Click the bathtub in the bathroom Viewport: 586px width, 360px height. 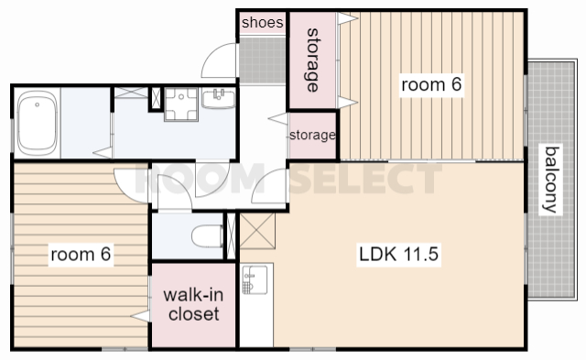tap(37, 123)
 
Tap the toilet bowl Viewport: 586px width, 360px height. tap(208, 236)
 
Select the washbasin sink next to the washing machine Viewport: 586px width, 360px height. tap(218, 98)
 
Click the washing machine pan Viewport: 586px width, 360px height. tap(181, 104)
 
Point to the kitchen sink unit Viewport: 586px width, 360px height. tap(255, 279)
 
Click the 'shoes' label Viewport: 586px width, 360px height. tap(263, 22)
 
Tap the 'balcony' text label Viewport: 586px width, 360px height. tap(551, 180)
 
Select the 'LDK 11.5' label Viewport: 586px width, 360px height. tap(398, 255)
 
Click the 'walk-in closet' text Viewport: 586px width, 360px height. tap(193, 304)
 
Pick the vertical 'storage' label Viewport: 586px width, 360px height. tap(313, 60)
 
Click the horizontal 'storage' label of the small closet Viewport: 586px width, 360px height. tap(312, 135)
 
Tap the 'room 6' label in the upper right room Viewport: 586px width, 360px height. tap(431, 84)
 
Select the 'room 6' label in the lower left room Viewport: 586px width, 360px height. tap(81, 255)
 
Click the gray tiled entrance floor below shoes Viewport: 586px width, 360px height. tap(263, 60)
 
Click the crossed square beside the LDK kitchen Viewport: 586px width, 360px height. tap(257, 231)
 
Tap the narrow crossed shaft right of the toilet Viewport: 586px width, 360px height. tap(232, 235)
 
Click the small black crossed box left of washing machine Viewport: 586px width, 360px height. tap(156, 98)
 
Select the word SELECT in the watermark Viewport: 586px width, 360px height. tap(365, 179)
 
